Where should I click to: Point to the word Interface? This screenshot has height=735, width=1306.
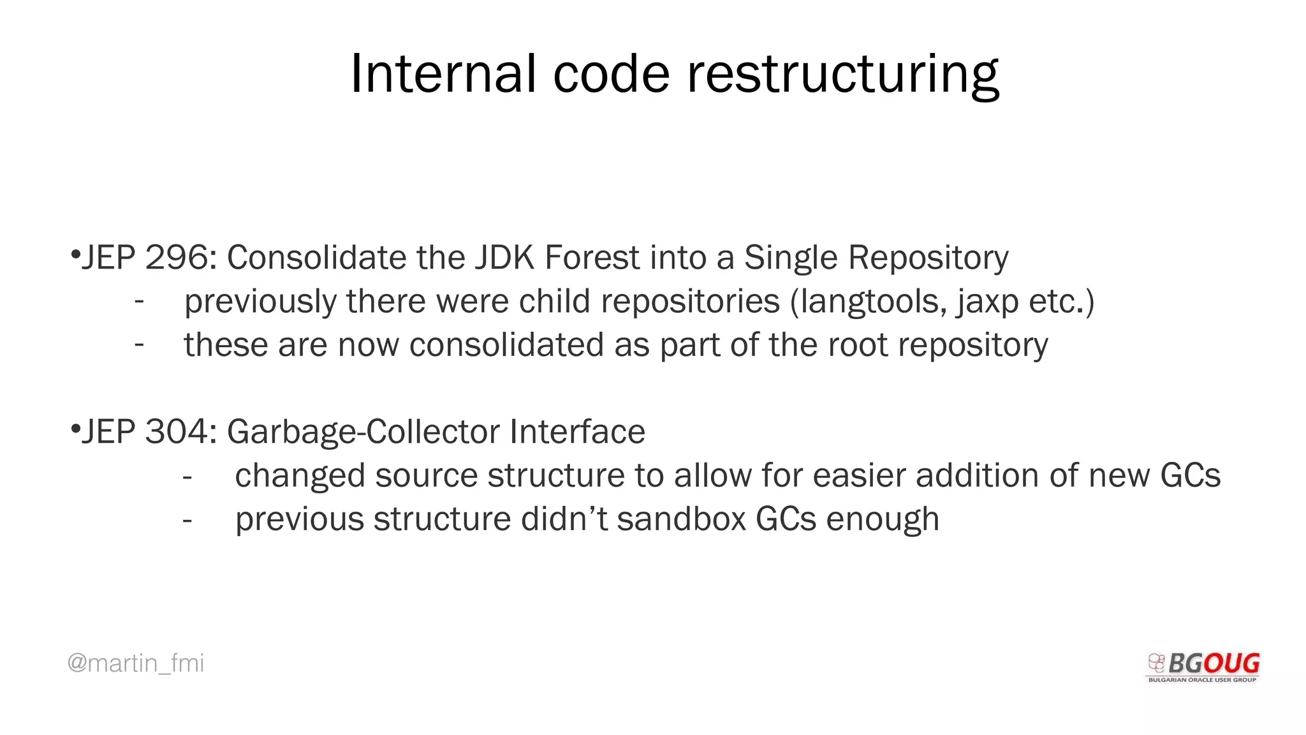(x=577, y=432)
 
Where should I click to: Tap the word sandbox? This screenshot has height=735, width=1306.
(x=681, y=519)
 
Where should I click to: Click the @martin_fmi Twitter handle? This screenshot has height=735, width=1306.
(x=136, y=664)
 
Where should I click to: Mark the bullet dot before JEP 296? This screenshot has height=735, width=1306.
(x=75, y=256)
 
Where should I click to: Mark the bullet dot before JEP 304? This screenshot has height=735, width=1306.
(x=75, y=429)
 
